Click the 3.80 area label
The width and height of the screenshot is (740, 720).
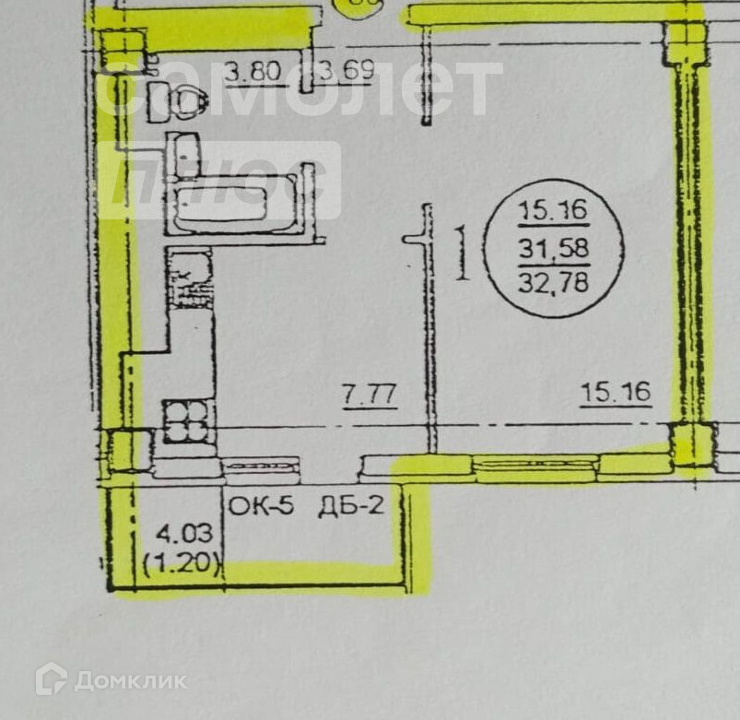[254, 71]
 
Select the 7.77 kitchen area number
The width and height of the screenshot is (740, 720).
[370, 395]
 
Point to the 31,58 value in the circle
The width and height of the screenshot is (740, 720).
[553, 248]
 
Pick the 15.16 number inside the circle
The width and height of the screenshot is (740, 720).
[553, 210]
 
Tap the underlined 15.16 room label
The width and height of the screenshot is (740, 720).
[616, 394]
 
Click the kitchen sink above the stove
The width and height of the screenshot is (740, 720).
[190, 279]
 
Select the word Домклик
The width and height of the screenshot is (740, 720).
[130, 681]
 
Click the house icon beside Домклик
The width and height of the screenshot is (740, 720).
[51, 679]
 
